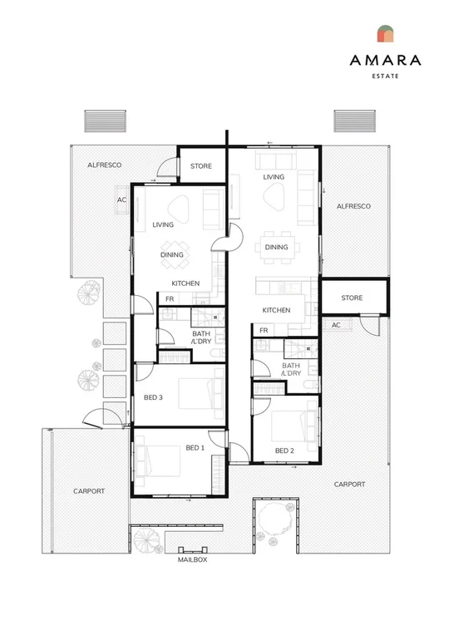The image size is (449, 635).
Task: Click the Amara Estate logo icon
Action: click(x=385, y=33)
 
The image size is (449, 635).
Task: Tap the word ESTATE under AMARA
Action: click(x=385, y=76)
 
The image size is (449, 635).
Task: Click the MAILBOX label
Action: click(x=192, y=559)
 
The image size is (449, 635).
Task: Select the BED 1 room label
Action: click(x=195, y=448)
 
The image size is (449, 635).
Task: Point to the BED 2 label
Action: click(x=284, y=450)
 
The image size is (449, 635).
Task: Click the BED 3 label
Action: click(x=153, y=397)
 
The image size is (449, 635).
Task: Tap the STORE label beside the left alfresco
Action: click(x=201, y=166)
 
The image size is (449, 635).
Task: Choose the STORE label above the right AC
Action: click(x=352, y=298)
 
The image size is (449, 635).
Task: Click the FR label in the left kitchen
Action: click(x=170, y=299)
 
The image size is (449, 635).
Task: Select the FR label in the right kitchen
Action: click(x=264, y=331)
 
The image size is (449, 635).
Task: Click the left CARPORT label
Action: click(x=89, y=491)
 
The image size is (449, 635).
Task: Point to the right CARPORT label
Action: click(x=349, y=485)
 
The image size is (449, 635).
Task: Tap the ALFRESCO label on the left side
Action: click(x=105, y=165)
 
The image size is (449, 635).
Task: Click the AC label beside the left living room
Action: click(x=121, y=200)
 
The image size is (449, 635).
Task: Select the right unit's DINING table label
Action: click(x=276, y=247)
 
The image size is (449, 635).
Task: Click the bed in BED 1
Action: click(x=158, y=460)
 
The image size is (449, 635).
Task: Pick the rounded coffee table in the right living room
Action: click(x=274, y=196)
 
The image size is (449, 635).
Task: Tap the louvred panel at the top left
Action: click(x=105, y=121)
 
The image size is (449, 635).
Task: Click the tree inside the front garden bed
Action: click(x=275, y=519)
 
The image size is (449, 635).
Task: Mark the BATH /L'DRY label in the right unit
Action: click(x=291, y=369)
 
